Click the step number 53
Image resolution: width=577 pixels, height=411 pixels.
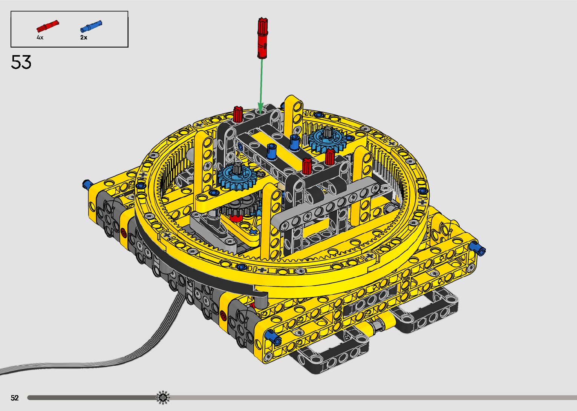pyautogui.click(x=21, y=62)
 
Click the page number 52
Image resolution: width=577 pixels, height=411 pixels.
pyautogui.click(x=15, y=398)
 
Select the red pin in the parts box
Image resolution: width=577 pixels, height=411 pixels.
pyautogui.click(x=47, y=26)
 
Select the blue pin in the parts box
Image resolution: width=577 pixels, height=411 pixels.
pyautogui.click(x=91, y=26)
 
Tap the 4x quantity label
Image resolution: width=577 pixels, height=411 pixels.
pyautogui.click(x=40, y=37)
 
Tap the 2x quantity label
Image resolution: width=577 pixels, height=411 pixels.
pyautogui.click(x=84, y=37)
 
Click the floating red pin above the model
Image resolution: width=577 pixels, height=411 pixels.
pyautogui.click(x=262, y=38)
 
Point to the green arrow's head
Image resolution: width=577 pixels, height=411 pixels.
pyautogui.click(x=260, y=108)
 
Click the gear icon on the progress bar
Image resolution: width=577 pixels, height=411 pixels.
pyautogui.click(x=163, y=397)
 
